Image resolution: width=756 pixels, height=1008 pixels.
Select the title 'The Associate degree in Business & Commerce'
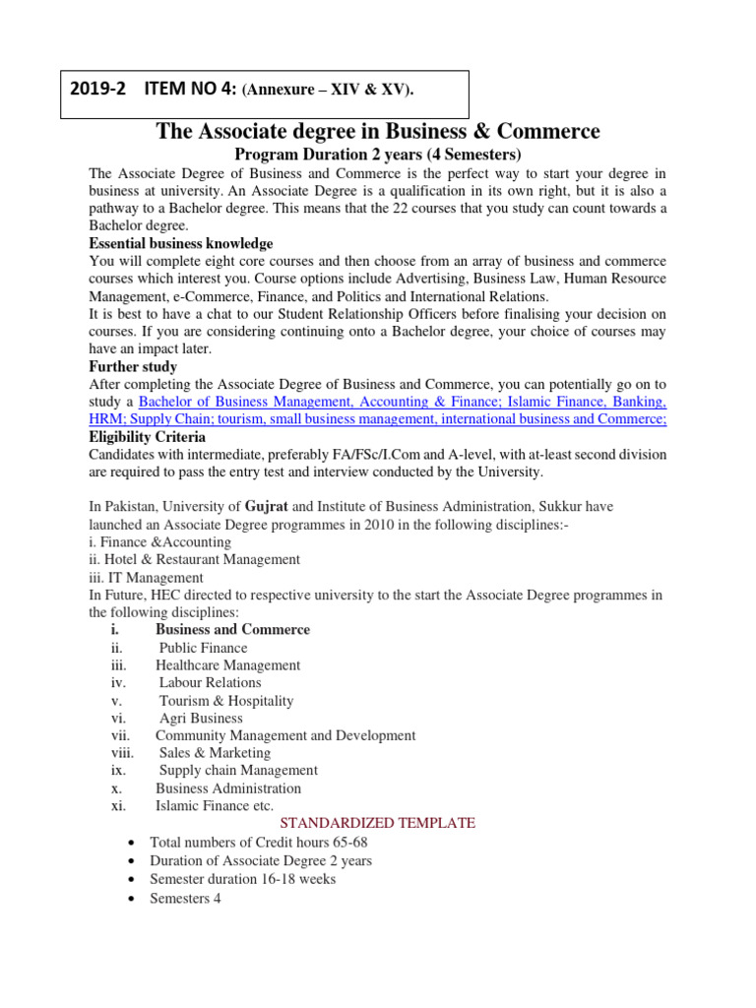pos(378,132)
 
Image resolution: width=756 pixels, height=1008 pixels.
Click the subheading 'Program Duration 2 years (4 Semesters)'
pos(378,156)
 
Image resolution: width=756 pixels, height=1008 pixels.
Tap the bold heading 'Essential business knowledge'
pos(181,243)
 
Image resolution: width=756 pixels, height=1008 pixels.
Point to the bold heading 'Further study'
pos(133,366)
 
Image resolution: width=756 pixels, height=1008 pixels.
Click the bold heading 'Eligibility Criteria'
pos(148,436)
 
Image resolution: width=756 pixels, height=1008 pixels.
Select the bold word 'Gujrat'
pos(266,506)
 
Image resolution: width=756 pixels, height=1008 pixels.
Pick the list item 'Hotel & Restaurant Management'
pos(194,559)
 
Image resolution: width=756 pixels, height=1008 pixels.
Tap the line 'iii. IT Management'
pos(146,578)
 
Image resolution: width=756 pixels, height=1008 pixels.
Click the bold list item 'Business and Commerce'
pos(232,630)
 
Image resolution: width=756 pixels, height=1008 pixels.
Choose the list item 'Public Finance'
pos(203,648)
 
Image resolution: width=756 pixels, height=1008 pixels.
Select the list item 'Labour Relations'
pos(210,682)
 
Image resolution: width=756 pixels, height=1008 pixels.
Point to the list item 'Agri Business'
pos(201,719)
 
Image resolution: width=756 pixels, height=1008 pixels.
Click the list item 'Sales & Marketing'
pos(215,753)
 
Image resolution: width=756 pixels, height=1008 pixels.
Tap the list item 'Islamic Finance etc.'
pos(215,806)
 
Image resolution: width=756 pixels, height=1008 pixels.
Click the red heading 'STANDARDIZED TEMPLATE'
pos(378,823)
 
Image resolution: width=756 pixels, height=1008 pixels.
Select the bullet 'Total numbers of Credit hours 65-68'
pos(258,843)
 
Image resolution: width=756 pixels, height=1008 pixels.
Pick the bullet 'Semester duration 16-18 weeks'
pos(242,878)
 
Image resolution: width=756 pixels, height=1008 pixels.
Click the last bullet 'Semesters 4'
pos(185,898)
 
